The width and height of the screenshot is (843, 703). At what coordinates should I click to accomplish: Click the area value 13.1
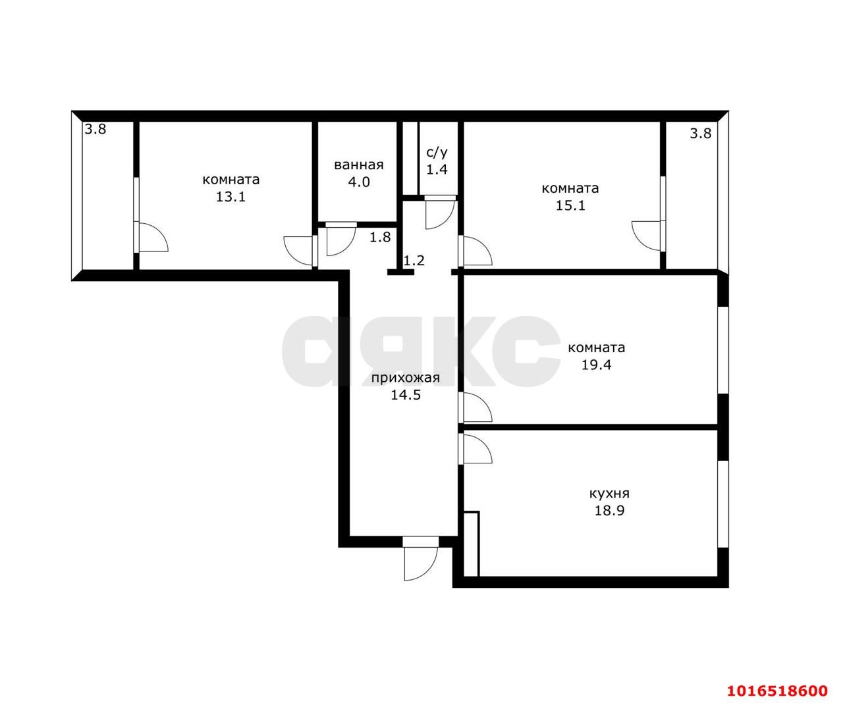[x=231, y=197]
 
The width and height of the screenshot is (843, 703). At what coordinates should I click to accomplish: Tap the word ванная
[x=358, y=165]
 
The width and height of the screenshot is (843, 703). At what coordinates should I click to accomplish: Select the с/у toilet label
[x=437, y=153]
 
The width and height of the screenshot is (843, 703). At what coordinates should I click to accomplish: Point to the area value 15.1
[x=570, y=206]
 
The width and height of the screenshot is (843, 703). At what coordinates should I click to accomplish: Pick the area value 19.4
[x=596, y=365]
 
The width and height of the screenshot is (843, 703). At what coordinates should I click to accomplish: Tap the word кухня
[x=609, y=494]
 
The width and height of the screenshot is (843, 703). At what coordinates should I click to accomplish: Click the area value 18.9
[x=609, y=511]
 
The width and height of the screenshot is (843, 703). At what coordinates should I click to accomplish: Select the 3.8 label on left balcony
[x=95, y=129]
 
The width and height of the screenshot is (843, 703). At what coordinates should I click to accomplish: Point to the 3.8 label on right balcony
[x=701, y=133]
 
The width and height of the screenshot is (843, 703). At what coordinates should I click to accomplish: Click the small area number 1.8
[x=380, y=237]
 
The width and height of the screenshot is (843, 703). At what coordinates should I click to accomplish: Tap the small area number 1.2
[x=414, y=261]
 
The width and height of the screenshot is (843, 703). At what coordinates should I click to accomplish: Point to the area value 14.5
[x=405, y=395]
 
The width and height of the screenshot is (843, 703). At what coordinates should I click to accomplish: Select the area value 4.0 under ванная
[x=358, y=182]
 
